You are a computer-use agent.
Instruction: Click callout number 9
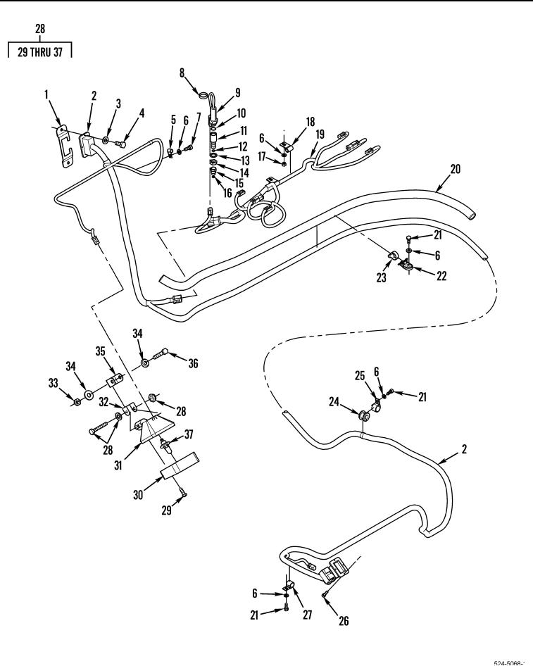point(237,91)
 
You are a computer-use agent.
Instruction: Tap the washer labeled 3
point(106,142)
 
